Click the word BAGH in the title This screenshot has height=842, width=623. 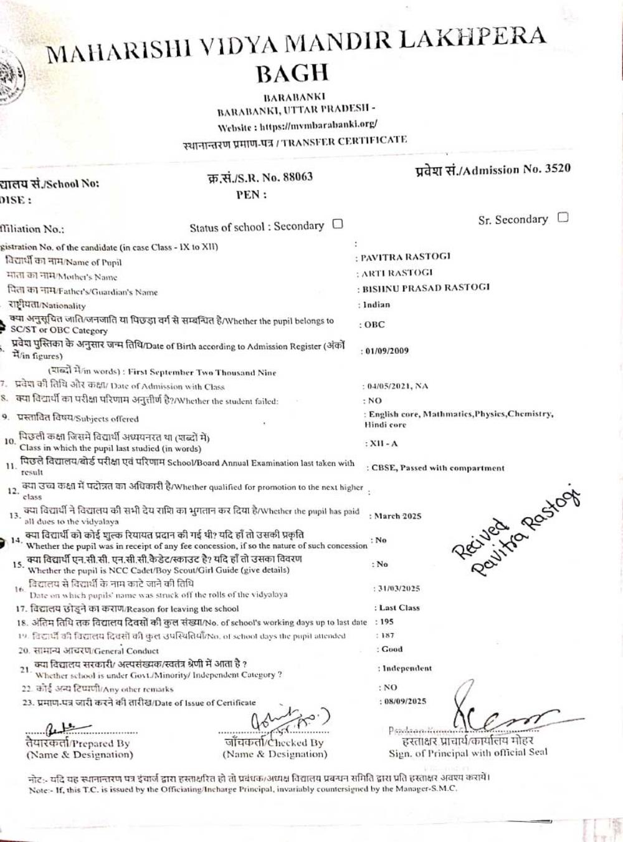[292, 74]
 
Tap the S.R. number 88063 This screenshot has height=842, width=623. [296, 177]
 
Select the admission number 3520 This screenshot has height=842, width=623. [557, 168]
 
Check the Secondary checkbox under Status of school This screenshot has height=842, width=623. [338, 224]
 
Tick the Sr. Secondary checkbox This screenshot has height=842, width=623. [563, 218]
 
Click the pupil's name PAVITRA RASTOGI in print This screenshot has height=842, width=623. [406, 256]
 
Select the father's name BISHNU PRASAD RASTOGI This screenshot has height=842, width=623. [426, 288]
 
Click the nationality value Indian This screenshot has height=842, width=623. [376, 304]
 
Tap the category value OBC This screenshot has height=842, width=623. [374, 324]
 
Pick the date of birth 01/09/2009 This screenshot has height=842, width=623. [387, 351]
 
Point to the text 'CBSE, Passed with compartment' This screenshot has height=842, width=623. [438, 468]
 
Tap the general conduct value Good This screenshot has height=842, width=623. [392, 649]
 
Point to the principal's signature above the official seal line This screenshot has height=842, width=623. [498, 714]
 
